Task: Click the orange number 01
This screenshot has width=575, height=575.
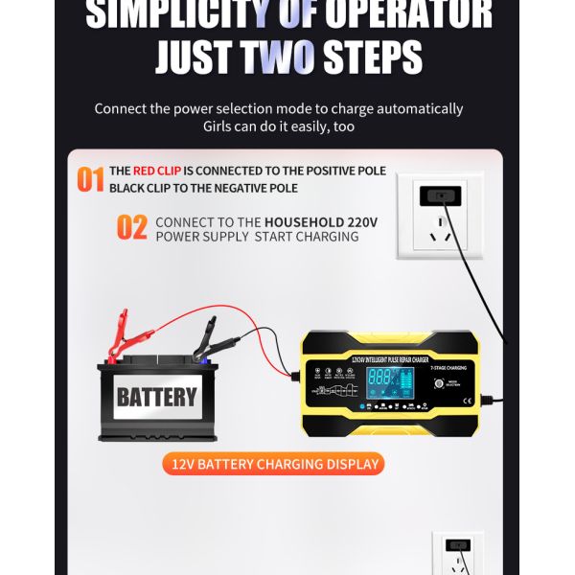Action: [90, 179]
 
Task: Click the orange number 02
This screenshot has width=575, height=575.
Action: [132, 228]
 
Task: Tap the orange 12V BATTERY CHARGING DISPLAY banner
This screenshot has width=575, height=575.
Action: [275, 465]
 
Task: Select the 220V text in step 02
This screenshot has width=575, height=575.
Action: [361, 221]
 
